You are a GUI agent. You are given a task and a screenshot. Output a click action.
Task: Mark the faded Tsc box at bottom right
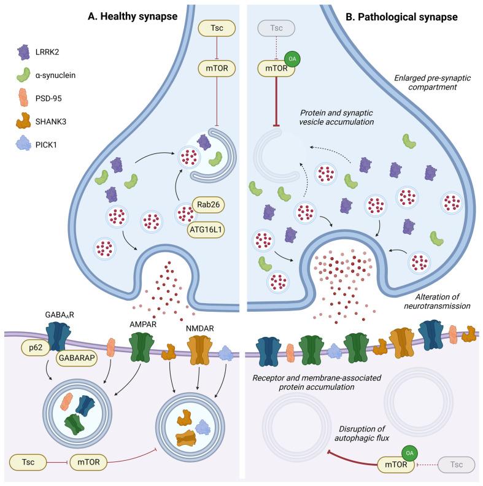point(454,465)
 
